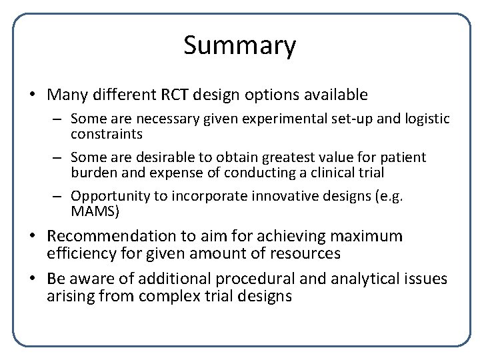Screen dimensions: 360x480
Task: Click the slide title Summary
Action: [239, 46]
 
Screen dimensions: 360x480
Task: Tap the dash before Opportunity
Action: [59, 197]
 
